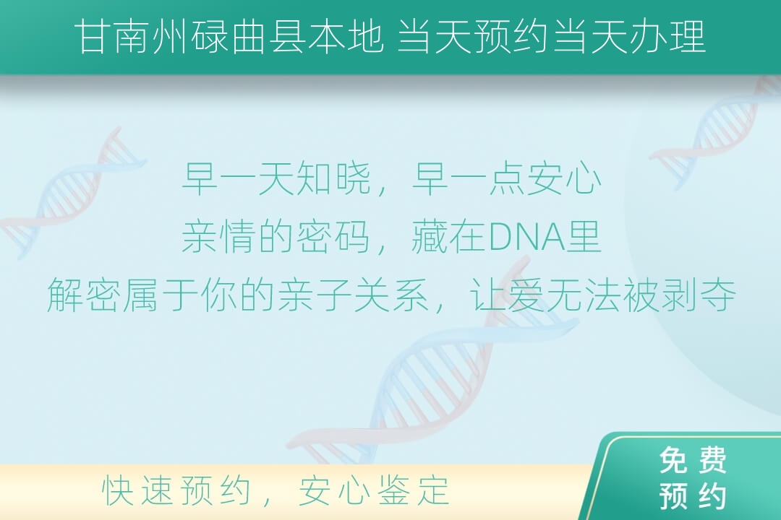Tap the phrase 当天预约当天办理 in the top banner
pyautogui.click(x=551, y=36)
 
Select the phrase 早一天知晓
pyautogui.click(x=276, y=178)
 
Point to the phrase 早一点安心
pyautogui.click(x=506, y=178)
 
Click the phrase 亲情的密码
pyautogui.click(x=276, y=236)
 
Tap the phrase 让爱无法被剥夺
pyautogui.click(x=602, y=295)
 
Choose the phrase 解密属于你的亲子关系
pyautogui.click(x=238, y=295)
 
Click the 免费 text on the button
pyautogui.click(x=693, y=460)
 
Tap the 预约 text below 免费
pyautogui.click(x=693, y=495)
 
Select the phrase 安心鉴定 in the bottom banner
pyautogui.click(x=374, y=490)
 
